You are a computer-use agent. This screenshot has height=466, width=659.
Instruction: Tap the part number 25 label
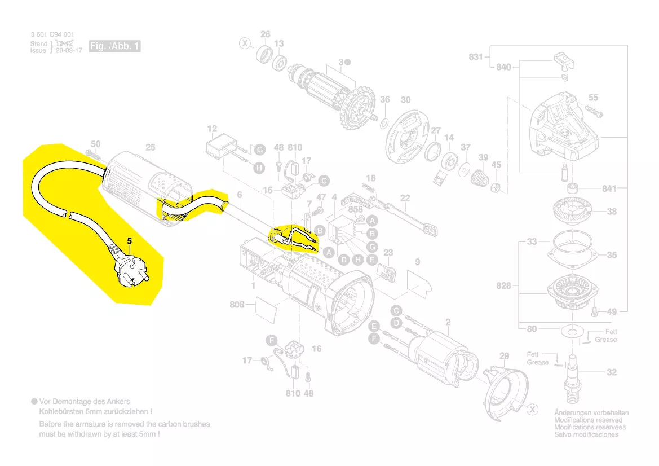(150, 148)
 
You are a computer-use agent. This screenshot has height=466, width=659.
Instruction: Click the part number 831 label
(476, 56)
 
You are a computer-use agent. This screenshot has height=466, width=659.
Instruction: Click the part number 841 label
(609, 188)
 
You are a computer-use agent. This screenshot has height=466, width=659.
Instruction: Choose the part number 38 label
(612, 212)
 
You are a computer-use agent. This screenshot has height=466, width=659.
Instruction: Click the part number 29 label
(505, 356)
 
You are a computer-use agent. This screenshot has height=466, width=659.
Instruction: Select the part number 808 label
(237, 305)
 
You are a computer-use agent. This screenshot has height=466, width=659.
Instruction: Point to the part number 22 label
(405, 197)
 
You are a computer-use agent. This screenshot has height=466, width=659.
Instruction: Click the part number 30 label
(406, 100)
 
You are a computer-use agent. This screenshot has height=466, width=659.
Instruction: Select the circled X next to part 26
(245, 43)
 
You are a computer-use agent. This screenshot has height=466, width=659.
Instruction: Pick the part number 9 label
(417, 262)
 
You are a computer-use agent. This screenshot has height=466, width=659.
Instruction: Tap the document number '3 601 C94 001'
(52, 35)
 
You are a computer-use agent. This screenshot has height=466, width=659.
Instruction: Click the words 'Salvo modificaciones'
(586, 434)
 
